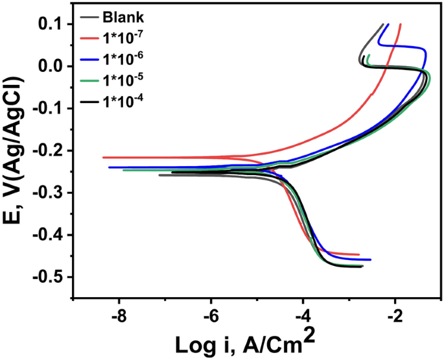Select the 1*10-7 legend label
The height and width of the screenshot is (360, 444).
121,36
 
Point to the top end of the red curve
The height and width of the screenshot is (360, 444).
401,25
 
